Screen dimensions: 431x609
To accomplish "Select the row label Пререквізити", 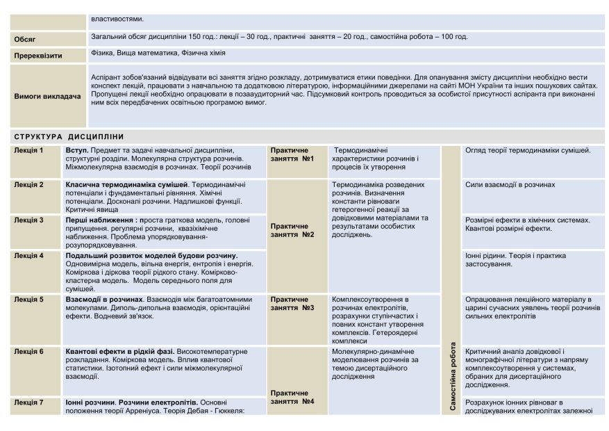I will tap(38, 56).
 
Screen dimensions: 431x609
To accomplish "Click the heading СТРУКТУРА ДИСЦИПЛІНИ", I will tap(69, 137).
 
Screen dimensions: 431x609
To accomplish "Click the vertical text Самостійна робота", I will tap(453, 375).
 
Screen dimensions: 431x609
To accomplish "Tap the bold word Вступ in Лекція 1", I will tap(76, 150).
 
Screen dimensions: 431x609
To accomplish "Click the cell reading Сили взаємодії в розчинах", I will tap(510, 185).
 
